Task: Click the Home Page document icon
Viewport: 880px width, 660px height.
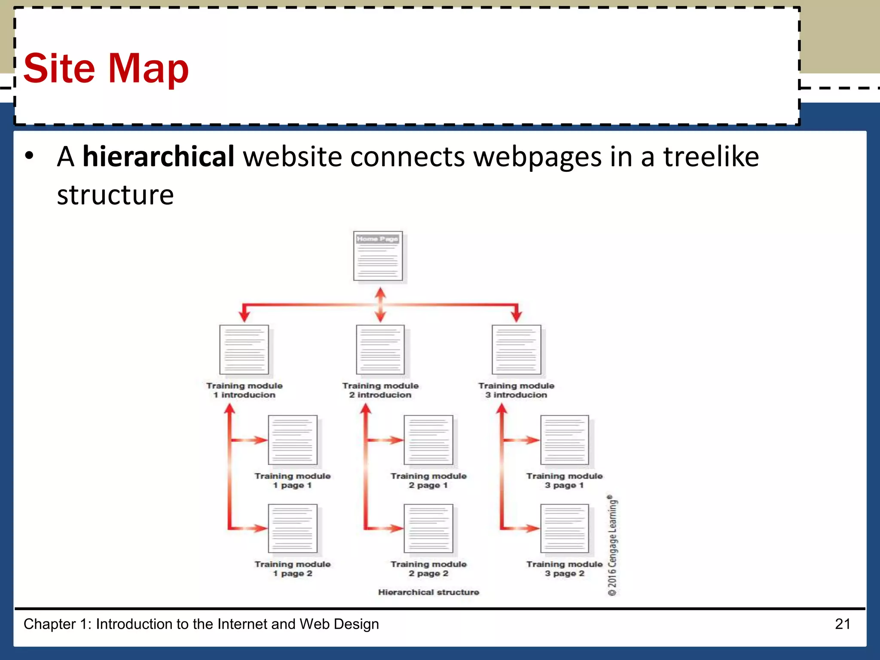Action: [378, 256]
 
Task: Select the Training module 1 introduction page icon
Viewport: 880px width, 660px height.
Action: [244, 350]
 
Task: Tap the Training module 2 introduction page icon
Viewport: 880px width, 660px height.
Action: [380, 350]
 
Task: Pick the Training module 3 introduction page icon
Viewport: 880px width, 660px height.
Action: [516, 350]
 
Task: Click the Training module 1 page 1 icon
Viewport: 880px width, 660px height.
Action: [293, 440]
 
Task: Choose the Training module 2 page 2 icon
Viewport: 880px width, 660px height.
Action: [428, 529]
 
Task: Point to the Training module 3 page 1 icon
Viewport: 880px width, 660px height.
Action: [565, 440]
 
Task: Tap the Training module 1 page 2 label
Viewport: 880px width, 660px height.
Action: [293, 569]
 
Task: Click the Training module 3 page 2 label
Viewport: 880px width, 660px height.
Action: [565, 569]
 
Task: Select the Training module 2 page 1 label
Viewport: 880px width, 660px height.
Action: [428, 480]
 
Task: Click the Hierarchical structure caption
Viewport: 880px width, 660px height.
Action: [428, 592]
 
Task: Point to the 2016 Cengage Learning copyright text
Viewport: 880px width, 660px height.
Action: [612, 546]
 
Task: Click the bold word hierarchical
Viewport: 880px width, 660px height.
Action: [158, 156]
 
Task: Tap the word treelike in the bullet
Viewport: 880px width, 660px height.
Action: [711, 156]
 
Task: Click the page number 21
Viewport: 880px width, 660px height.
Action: [843, 624]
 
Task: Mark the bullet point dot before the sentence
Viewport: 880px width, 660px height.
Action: [29, 156]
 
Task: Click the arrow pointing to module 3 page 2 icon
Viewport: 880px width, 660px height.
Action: [522, 528]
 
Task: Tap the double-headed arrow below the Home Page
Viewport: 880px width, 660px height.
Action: [380, 305]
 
